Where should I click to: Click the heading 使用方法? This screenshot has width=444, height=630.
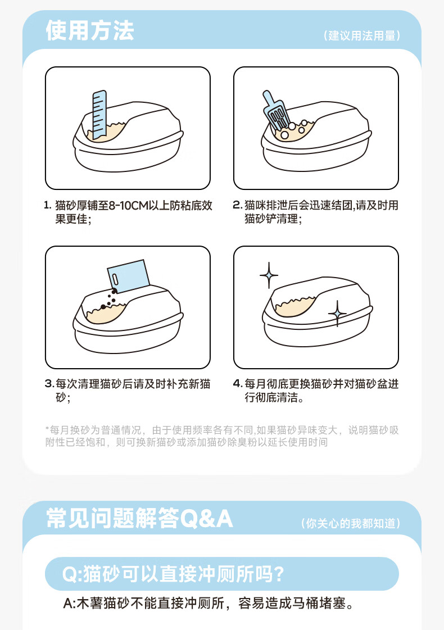89,30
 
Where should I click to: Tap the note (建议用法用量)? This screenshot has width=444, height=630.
361,35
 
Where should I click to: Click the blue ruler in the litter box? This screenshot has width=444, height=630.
99,115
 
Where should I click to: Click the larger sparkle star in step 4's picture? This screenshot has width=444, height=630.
269,275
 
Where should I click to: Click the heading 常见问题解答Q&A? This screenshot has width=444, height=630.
139,518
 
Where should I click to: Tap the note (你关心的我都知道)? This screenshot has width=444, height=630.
350,523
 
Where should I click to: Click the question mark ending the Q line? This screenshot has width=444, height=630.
278,574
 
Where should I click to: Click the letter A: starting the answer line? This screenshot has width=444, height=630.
69,604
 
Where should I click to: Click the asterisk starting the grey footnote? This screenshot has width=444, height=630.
47,428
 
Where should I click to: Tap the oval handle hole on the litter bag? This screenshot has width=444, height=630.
115,278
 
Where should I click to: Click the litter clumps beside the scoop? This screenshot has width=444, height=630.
294,129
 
